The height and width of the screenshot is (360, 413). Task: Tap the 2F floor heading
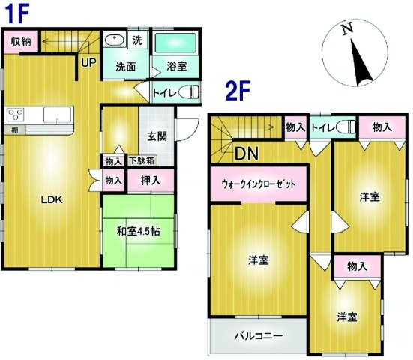click(x=238, y=91)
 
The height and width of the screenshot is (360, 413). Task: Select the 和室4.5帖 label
click(x=138, y=231)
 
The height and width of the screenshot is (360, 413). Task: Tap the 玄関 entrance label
click(x=156, y=136)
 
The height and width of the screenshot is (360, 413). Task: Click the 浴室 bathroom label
click(x=177, y=67)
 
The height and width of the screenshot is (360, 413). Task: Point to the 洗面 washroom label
click(x=125, y=67)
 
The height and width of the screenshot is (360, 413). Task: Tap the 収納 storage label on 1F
click(x=20, y=42)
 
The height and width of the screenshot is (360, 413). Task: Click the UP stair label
click(x=88, y=62)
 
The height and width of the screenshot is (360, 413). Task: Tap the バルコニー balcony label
click(x=257, y=335)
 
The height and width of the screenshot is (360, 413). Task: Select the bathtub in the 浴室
click(x=177, y=43)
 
